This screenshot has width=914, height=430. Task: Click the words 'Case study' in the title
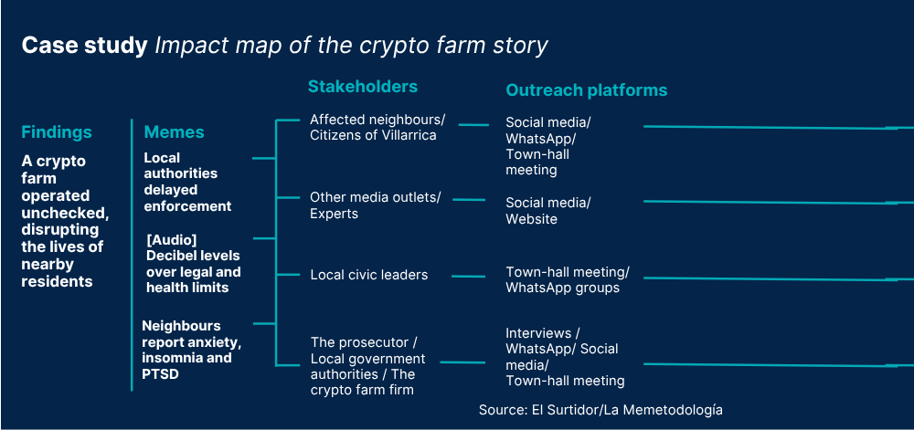84,46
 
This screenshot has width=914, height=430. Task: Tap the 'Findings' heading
57,132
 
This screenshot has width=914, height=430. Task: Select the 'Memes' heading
175,132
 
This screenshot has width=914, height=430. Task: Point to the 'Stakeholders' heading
363,87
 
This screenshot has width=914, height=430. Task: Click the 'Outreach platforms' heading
587,90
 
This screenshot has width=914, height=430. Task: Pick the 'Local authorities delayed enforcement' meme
187,182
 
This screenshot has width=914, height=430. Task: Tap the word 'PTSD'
160,373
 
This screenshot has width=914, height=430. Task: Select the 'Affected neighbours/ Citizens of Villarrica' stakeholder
377,128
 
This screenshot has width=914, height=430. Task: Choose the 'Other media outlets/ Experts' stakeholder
376,205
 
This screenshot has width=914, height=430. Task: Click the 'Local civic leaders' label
369,275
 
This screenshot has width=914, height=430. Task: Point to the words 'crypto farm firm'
363,390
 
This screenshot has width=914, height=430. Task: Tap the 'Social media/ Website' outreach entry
548,211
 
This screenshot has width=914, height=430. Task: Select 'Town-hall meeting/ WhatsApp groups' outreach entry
568,280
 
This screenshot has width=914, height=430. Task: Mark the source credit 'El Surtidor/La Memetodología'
627,410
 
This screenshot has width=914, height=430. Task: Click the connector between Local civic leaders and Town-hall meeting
468,277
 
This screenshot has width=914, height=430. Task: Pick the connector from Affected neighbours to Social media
473,124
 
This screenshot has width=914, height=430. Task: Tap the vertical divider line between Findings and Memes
132,255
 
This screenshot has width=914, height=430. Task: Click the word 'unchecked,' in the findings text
65,213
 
